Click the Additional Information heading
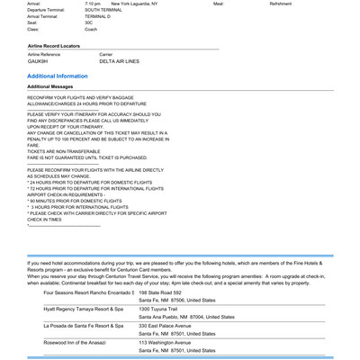[x=58, y=76]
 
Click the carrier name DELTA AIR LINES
[x=119, y=61]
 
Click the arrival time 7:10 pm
[x=93, y=4]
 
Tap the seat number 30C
[x=89, y=22]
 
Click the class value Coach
[x=91, y=29]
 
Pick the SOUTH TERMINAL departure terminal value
[x=103, y=10]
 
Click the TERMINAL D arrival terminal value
[x=98, y=16]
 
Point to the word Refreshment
[x=281, y=4]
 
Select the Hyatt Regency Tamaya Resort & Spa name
[x=83, y=309]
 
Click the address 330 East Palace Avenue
[x=166, y=325]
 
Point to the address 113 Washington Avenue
[x=165, y=342]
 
